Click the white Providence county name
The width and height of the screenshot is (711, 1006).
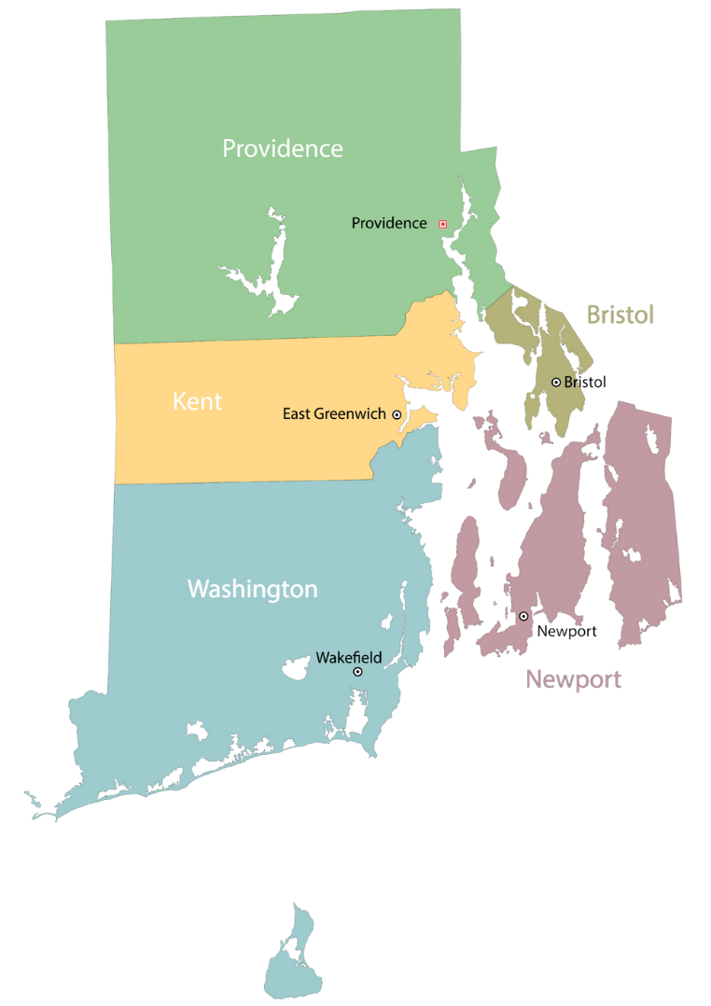pos(282,148)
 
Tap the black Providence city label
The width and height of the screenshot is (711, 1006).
pos(388,223)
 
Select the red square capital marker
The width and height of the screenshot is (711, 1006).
pos(442,224)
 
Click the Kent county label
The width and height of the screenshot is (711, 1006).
pos(197,402)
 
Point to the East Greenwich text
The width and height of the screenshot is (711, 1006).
pos(333,413)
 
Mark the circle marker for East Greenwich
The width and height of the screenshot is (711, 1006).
pos(397,414)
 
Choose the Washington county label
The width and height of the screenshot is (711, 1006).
pos(252,590)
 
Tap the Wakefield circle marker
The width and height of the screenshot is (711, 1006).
pos(357,672)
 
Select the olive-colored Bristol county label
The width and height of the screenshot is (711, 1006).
pos(620,315)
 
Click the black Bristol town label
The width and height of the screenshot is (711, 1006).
pos(585,382)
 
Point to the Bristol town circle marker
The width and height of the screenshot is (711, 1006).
pos(556,382)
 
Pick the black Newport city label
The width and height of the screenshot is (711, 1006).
pos(565,632)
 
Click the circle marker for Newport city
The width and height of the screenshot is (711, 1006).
pos(523,616)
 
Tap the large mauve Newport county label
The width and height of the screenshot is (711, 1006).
pos(573,679)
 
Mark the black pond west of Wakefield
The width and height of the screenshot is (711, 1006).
pos(298,668)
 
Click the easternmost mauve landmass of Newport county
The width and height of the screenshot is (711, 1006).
pos(644,523)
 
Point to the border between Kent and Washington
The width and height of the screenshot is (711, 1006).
pos(243,482)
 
